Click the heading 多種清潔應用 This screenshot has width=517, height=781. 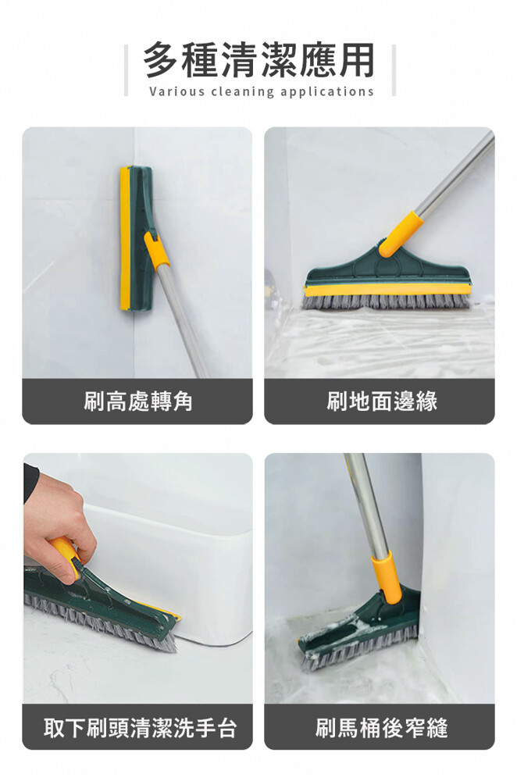(x=258, y=60)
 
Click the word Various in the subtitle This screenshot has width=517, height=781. (x=176, y=91)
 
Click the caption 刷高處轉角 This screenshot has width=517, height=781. (x=137, y=401)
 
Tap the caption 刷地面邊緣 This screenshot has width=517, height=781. (x=382, y=401)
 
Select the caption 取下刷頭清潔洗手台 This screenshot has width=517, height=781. (x=140, y=727)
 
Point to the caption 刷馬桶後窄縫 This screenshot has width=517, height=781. (x=382, y=727)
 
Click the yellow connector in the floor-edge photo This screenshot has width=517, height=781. (x=401, y=234)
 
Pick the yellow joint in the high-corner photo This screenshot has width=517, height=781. (x=156, y=250)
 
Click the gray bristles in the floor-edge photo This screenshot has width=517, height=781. (x=387, y=301)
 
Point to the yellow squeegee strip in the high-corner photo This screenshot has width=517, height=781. (x=124, y=238)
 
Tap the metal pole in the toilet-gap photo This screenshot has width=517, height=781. (x=367, y=504)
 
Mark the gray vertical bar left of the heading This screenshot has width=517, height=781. (x=127, y=70)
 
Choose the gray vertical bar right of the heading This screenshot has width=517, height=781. (x=394, y=70)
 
